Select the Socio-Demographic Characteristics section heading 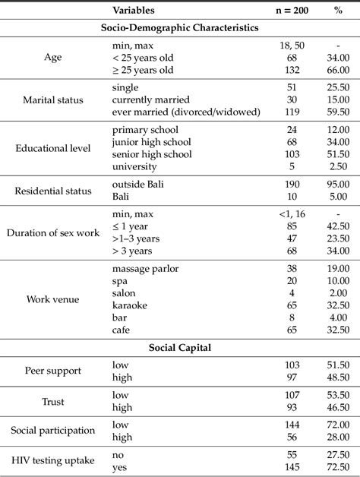pos(179,27)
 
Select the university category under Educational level pos(134,166)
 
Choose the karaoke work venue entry pos(131,306)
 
